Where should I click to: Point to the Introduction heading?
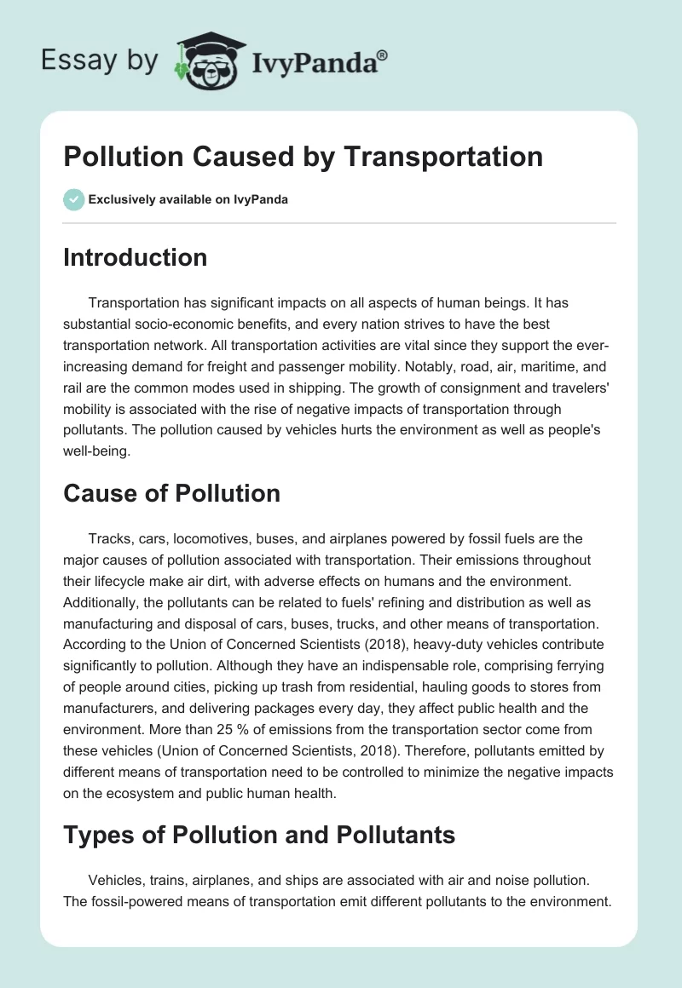[135, 257]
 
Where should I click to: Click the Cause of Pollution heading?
[171, 493]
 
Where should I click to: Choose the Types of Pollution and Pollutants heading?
[259, 835]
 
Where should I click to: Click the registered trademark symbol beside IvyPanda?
[383, 54]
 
